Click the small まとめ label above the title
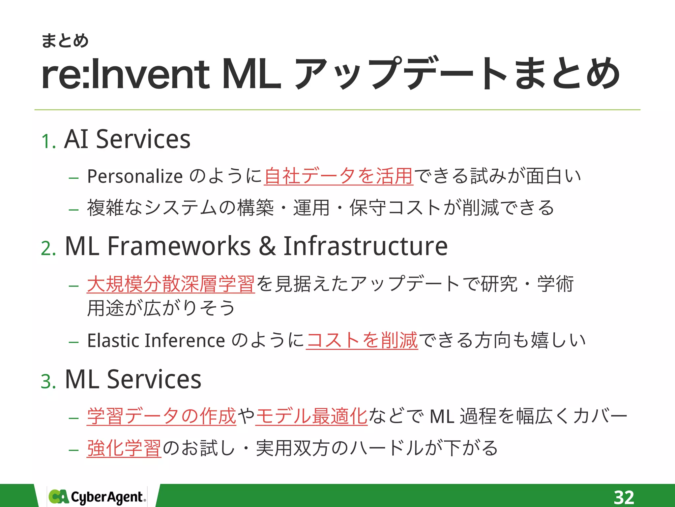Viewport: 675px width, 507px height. pos(65,41)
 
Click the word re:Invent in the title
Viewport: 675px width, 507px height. pos(125,74)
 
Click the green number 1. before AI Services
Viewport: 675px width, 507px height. pos(48,142)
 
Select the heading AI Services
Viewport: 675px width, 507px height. pos(127,139)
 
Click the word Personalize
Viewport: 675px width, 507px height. pos(135,176)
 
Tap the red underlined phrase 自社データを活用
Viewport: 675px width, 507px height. pos(338,176)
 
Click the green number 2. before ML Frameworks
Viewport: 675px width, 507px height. pos(48,248)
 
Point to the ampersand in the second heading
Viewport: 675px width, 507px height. pos(267,246)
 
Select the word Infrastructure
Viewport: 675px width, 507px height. pos(365,246)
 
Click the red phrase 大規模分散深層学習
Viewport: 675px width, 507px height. pos(171,284)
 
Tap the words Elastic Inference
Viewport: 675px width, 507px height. pos(156,340)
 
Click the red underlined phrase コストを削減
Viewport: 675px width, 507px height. pos(362,340)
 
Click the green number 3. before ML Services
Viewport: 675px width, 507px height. pos(48,382)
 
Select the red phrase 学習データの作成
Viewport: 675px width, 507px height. pos(161,416)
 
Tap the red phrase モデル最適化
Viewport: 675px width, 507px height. pos(311,416)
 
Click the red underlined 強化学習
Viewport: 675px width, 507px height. pos(124,448)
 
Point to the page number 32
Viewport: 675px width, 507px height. pos(624,497)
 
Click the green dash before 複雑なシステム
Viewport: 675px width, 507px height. pos(73,210)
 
